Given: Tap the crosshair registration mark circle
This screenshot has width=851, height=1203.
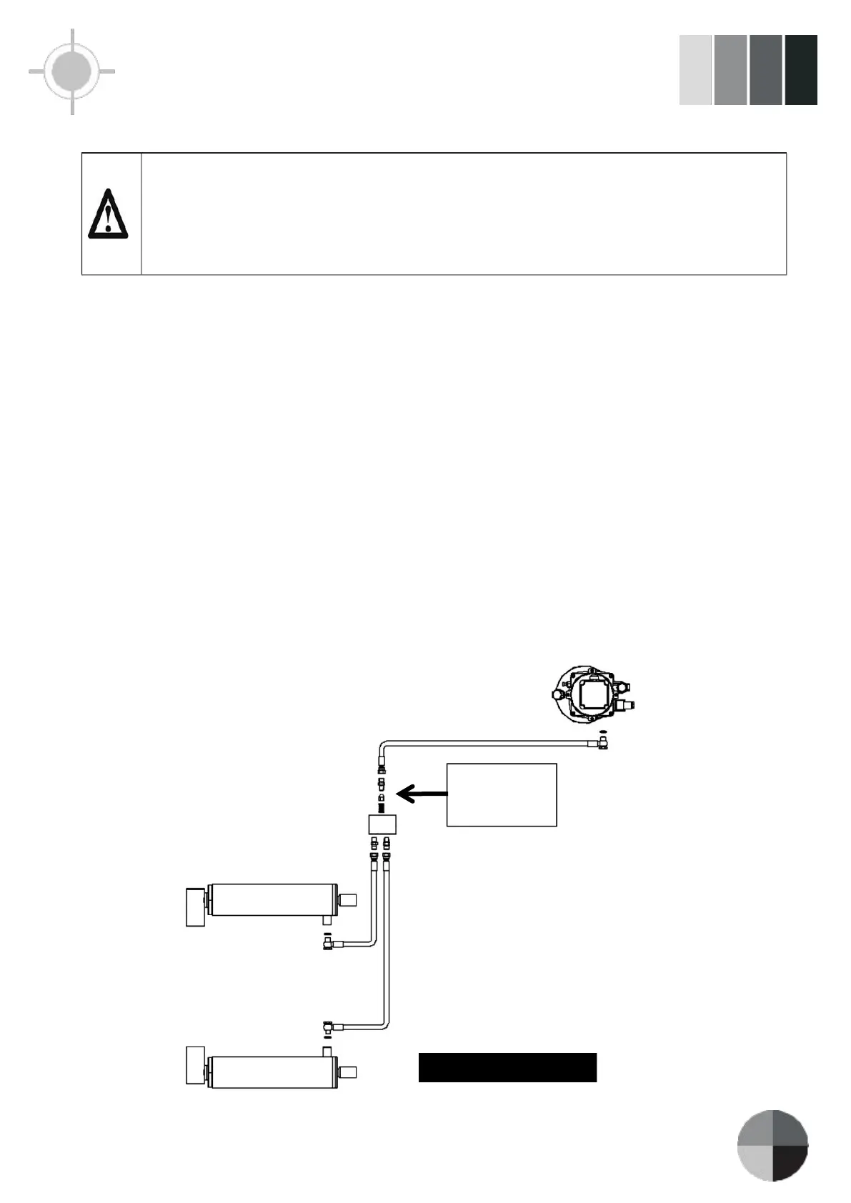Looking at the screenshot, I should coord(71,71).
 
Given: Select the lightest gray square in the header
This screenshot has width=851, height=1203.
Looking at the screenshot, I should coord(695,70).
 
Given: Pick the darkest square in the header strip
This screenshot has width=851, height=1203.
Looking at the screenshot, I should coord(801,70).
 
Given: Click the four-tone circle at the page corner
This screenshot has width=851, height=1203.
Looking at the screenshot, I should coord(772,1145).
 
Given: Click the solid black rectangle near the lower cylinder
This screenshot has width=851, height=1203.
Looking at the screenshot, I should coord(507,1067).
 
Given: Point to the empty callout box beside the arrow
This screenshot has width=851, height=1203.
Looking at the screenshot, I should coord(502,794).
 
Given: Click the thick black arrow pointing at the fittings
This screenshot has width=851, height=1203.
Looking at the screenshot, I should coord(422,793).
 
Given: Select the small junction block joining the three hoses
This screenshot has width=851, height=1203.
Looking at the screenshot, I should coord(382,824).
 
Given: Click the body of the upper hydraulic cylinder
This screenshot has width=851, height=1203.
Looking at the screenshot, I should coord(272,900).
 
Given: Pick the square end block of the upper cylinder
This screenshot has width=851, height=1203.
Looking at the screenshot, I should coord(195,907).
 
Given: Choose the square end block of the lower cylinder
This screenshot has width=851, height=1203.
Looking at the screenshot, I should coord(195,1065).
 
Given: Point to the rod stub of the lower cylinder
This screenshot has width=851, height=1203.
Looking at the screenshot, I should coord(347,1072).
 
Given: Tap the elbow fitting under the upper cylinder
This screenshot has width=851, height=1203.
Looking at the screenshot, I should coord(328,945).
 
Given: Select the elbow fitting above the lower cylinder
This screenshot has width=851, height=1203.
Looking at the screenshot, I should coord(328,1028).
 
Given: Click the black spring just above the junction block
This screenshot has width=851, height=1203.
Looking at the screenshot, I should coord(382,807).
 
